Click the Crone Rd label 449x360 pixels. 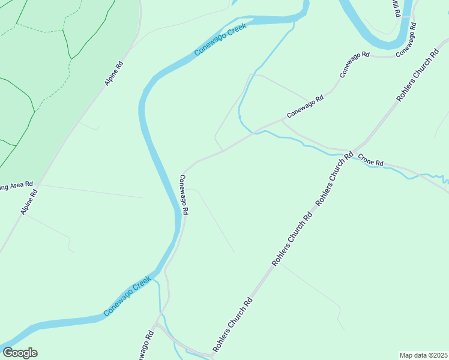(370, 160)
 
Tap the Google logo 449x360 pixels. (20, 353)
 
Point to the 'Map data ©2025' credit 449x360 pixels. (423, 355)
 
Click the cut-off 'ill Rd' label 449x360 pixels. (395, 8)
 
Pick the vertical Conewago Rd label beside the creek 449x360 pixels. (184, 194)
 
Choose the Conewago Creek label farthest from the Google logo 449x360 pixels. (220, 40)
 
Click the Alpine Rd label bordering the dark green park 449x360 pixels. (114, 73)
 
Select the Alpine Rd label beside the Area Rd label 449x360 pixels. (29, 202)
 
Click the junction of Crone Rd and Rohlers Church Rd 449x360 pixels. (352, 152)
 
